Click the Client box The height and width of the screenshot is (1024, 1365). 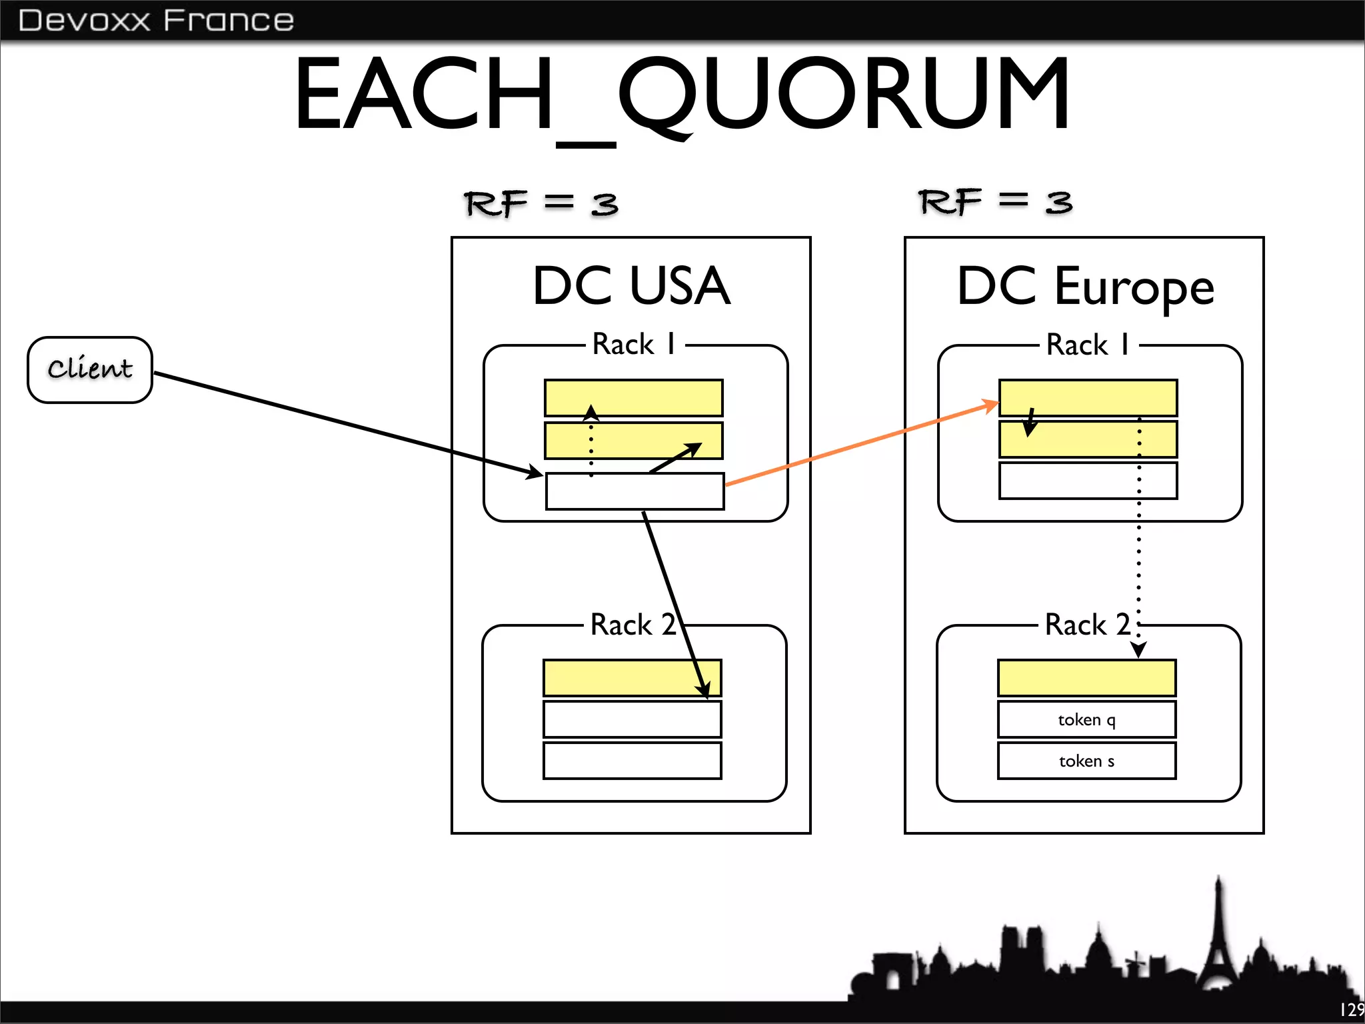[x=90, y=369]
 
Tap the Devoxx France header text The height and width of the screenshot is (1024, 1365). [x=156, y=21]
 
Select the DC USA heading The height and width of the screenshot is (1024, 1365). [x=631, y=286]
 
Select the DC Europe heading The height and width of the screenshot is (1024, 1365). [x=1085, y=287]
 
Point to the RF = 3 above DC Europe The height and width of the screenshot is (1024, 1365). [x=995, y=202]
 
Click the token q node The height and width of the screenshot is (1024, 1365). [x=1086, y=719]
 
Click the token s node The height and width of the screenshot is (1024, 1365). [x=1086, y=761]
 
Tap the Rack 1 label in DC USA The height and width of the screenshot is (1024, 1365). [x=634, y=345]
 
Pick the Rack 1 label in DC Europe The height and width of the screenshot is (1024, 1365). [x=1088, y=345]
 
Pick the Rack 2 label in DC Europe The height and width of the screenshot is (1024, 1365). [x=1087, y=625]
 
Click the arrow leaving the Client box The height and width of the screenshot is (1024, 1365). [x=347, y=423]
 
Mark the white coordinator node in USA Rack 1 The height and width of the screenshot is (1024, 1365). [x=635, y=492]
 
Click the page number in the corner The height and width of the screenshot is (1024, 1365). [x=1352, y=1009]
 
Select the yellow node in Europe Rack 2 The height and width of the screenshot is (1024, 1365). [x=1086, y=678]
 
